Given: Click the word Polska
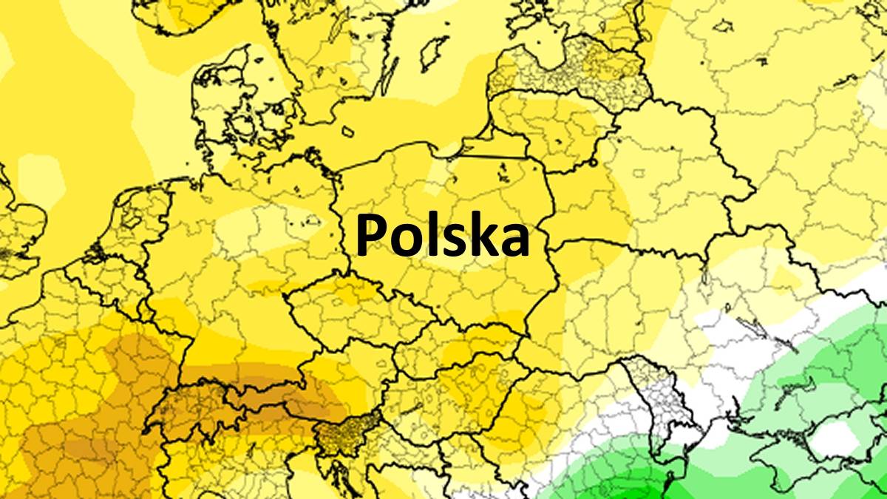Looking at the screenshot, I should [442, 235].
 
